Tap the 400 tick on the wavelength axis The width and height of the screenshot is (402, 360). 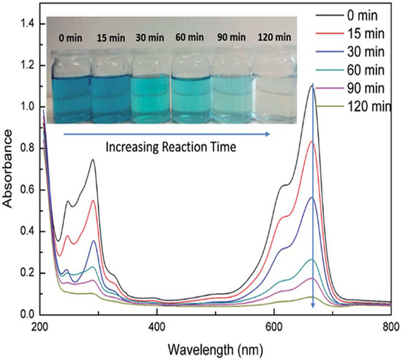click(156, 326)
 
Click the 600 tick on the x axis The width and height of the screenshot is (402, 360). click(273, 326)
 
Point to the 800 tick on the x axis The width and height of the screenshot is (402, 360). click(390, 326)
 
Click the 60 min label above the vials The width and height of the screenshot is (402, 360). click(191, 34)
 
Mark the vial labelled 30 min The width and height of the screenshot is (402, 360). click(150, 88)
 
